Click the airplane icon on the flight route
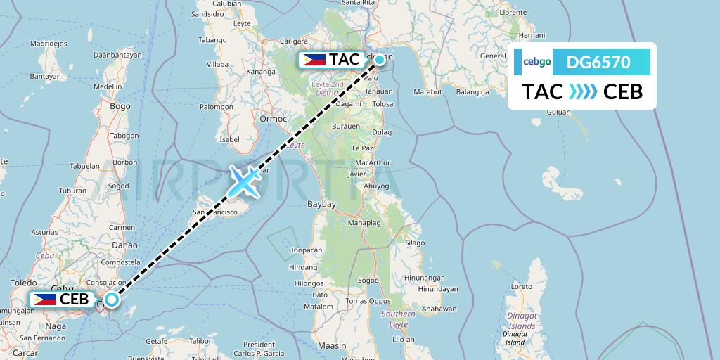pos(243,181)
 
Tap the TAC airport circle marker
pos(380,60)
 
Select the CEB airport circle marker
pos(112,299)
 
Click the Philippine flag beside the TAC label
pos(314,60)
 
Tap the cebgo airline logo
pos(533,63)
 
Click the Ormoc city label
pos(274,118)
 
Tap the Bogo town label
pos(120,106)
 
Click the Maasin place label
pos(332,345)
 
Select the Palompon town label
pos(216,107)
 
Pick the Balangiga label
pos(472,91)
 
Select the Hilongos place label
pos(309,283)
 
